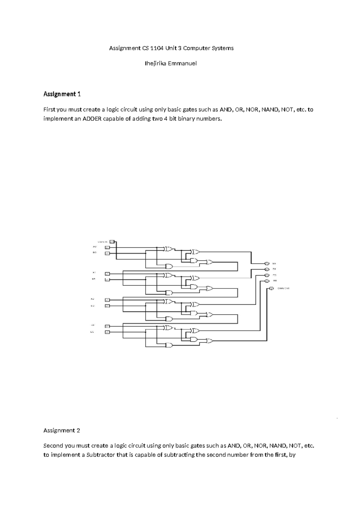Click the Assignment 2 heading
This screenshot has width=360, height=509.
click(61, 430)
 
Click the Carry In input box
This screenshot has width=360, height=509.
click(112, 241)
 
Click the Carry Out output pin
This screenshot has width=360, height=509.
click(271, 288)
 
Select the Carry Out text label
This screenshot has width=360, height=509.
click(283, 288)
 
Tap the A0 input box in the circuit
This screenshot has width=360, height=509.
click(107, 248)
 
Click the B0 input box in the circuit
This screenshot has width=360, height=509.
click(107, 254)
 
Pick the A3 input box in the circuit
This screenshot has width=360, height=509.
click(107, 326)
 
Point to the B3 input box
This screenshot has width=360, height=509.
click(107, 332)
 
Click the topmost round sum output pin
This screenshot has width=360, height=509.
click(267, 264)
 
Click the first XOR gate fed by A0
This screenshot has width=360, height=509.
click(169, 249)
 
